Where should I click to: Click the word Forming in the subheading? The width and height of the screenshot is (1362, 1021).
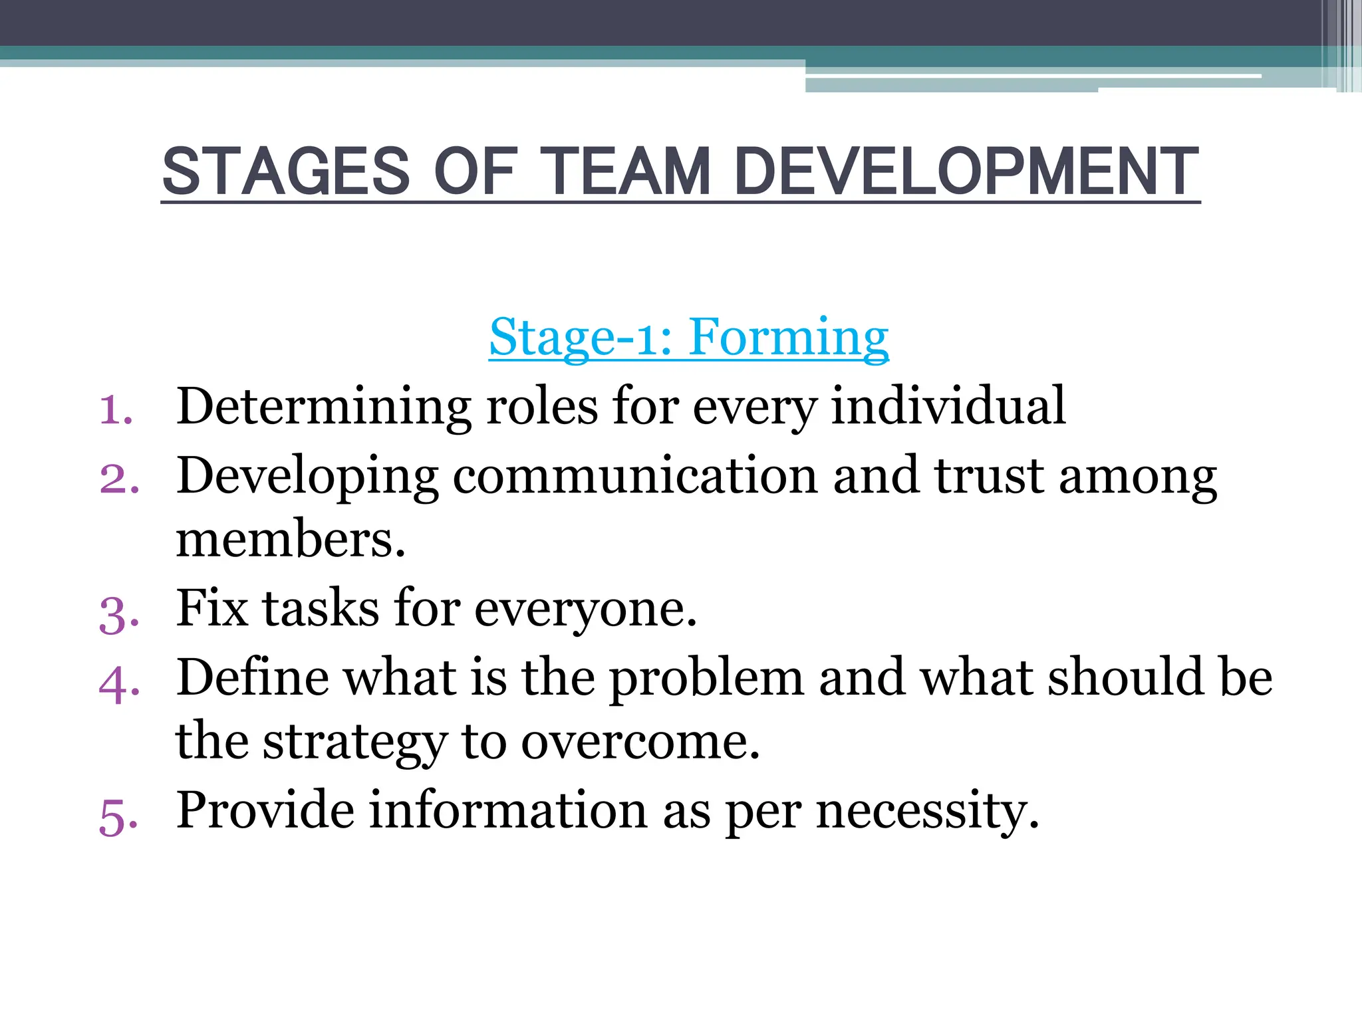coord(789,338)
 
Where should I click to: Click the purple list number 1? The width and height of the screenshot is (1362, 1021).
coord(116,409)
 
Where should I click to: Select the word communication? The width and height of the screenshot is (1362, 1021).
coord(635,476)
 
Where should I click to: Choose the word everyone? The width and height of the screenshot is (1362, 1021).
coord(585,609)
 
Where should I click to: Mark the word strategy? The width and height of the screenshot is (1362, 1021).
coord(355,742)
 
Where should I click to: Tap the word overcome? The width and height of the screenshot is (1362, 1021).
coord(640,742)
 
